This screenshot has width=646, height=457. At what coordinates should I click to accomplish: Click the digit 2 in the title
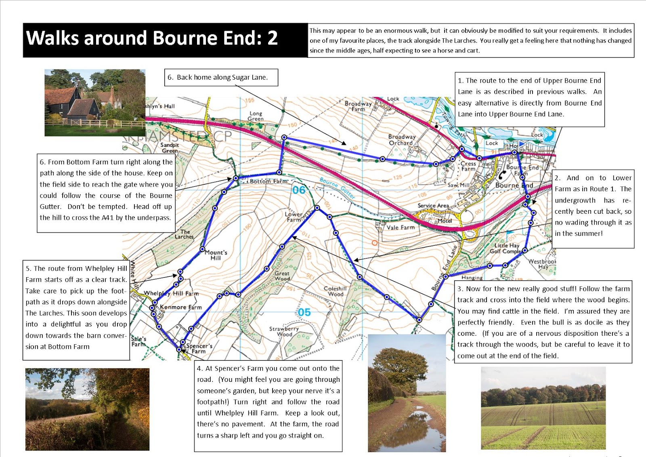click(x=273, y=38)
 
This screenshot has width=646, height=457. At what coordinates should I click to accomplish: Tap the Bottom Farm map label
click(x=268, y=181)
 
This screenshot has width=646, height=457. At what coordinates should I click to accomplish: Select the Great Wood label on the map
click(x=282, y=276)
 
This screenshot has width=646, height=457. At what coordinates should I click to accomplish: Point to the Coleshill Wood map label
click(x=335, y=291)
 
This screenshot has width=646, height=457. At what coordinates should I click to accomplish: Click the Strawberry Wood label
click(x=284, y=331)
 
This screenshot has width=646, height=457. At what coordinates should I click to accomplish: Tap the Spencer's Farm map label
click(x=199, y=348)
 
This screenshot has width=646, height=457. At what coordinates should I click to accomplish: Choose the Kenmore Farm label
click(x=180, y=307)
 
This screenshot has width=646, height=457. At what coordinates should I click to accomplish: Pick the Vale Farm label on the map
click(x=400, y=227)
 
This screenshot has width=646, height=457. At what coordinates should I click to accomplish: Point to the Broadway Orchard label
click(x=402, y=140)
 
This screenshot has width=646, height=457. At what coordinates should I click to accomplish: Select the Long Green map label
click(x=256, y=116)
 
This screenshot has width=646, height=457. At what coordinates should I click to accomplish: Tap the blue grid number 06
click(x=299, y=190)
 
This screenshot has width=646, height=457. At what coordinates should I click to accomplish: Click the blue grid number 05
click(x=304, y=312)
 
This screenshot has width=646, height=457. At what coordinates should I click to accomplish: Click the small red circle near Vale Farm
click(x=374, y=243)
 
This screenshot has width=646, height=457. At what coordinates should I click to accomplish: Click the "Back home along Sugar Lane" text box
click(x=221, y=77)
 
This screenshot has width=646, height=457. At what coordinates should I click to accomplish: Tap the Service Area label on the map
click(x=433, y=206)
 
